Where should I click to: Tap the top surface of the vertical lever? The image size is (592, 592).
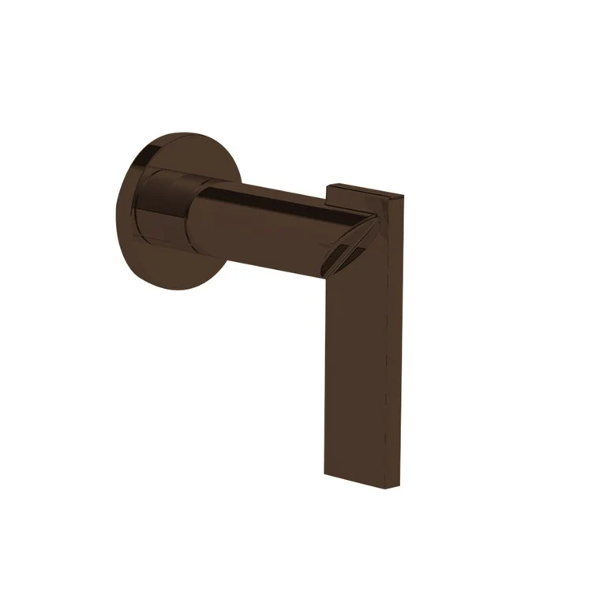click(x=363, y=189)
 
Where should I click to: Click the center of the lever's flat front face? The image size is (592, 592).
click(x=355, y=355)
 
